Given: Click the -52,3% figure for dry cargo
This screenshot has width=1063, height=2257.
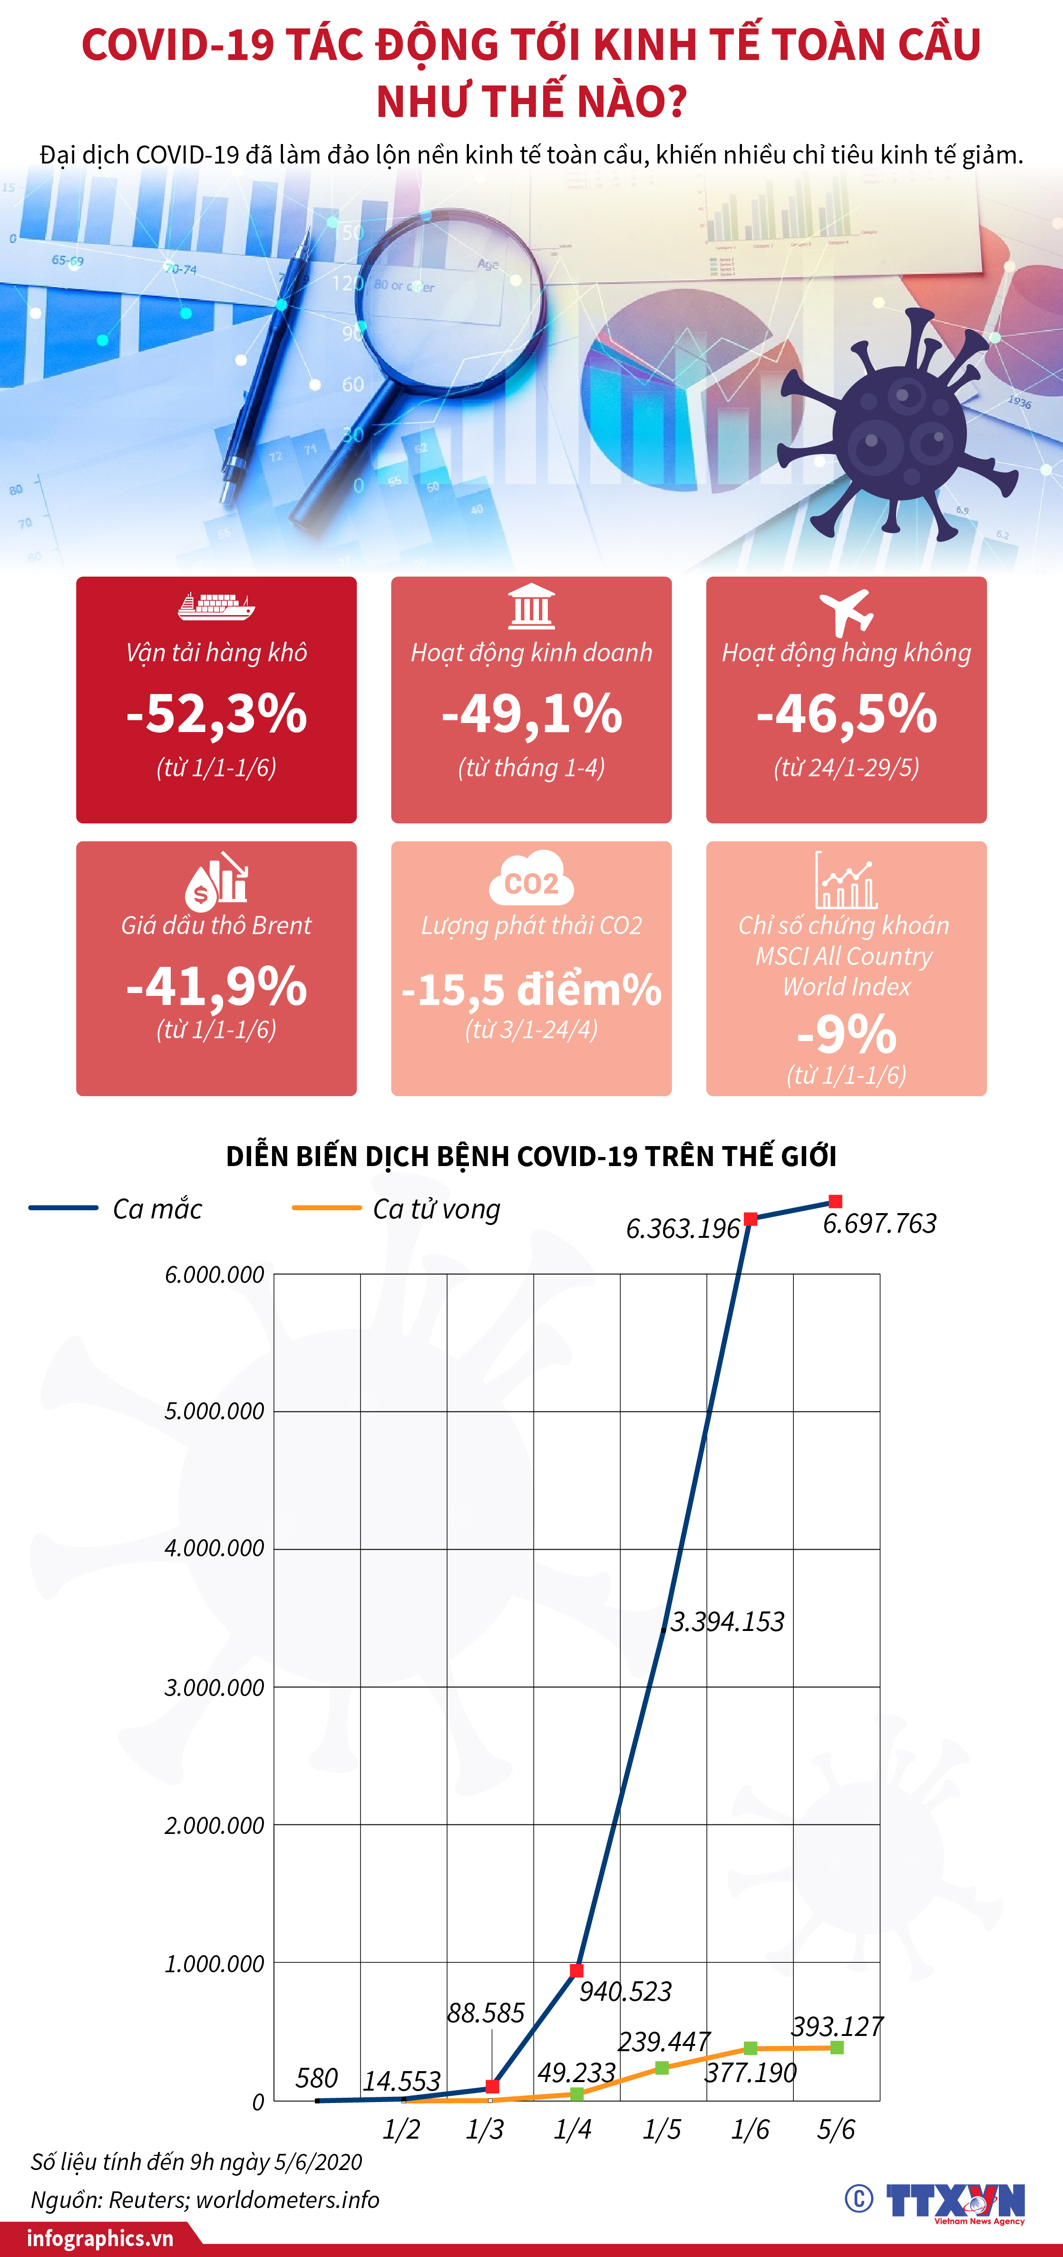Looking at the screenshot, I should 216,713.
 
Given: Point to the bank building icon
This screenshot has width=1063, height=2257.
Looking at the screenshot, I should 531,606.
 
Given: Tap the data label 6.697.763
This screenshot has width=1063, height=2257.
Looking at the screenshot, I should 879,1223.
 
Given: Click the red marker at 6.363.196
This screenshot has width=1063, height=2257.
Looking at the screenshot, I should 750,1219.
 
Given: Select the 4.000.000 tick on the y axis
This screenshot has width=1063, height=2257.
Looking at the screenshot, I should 214,1548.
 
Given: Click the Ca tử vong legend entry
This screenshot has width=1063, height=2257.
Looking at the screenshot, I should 396,1209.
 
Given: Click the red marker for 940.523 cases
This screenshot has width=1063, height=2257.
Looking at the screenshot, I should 576,1970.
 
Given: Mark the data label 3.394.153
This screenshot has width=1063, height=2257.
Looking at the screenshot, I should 727,1622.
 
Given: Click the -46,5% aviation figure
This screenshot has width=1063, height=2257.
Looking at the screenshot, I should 847,713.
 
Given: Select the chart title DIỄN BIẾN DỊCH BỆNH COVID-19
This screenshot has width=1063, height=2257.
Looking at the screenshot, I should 531,1157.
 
